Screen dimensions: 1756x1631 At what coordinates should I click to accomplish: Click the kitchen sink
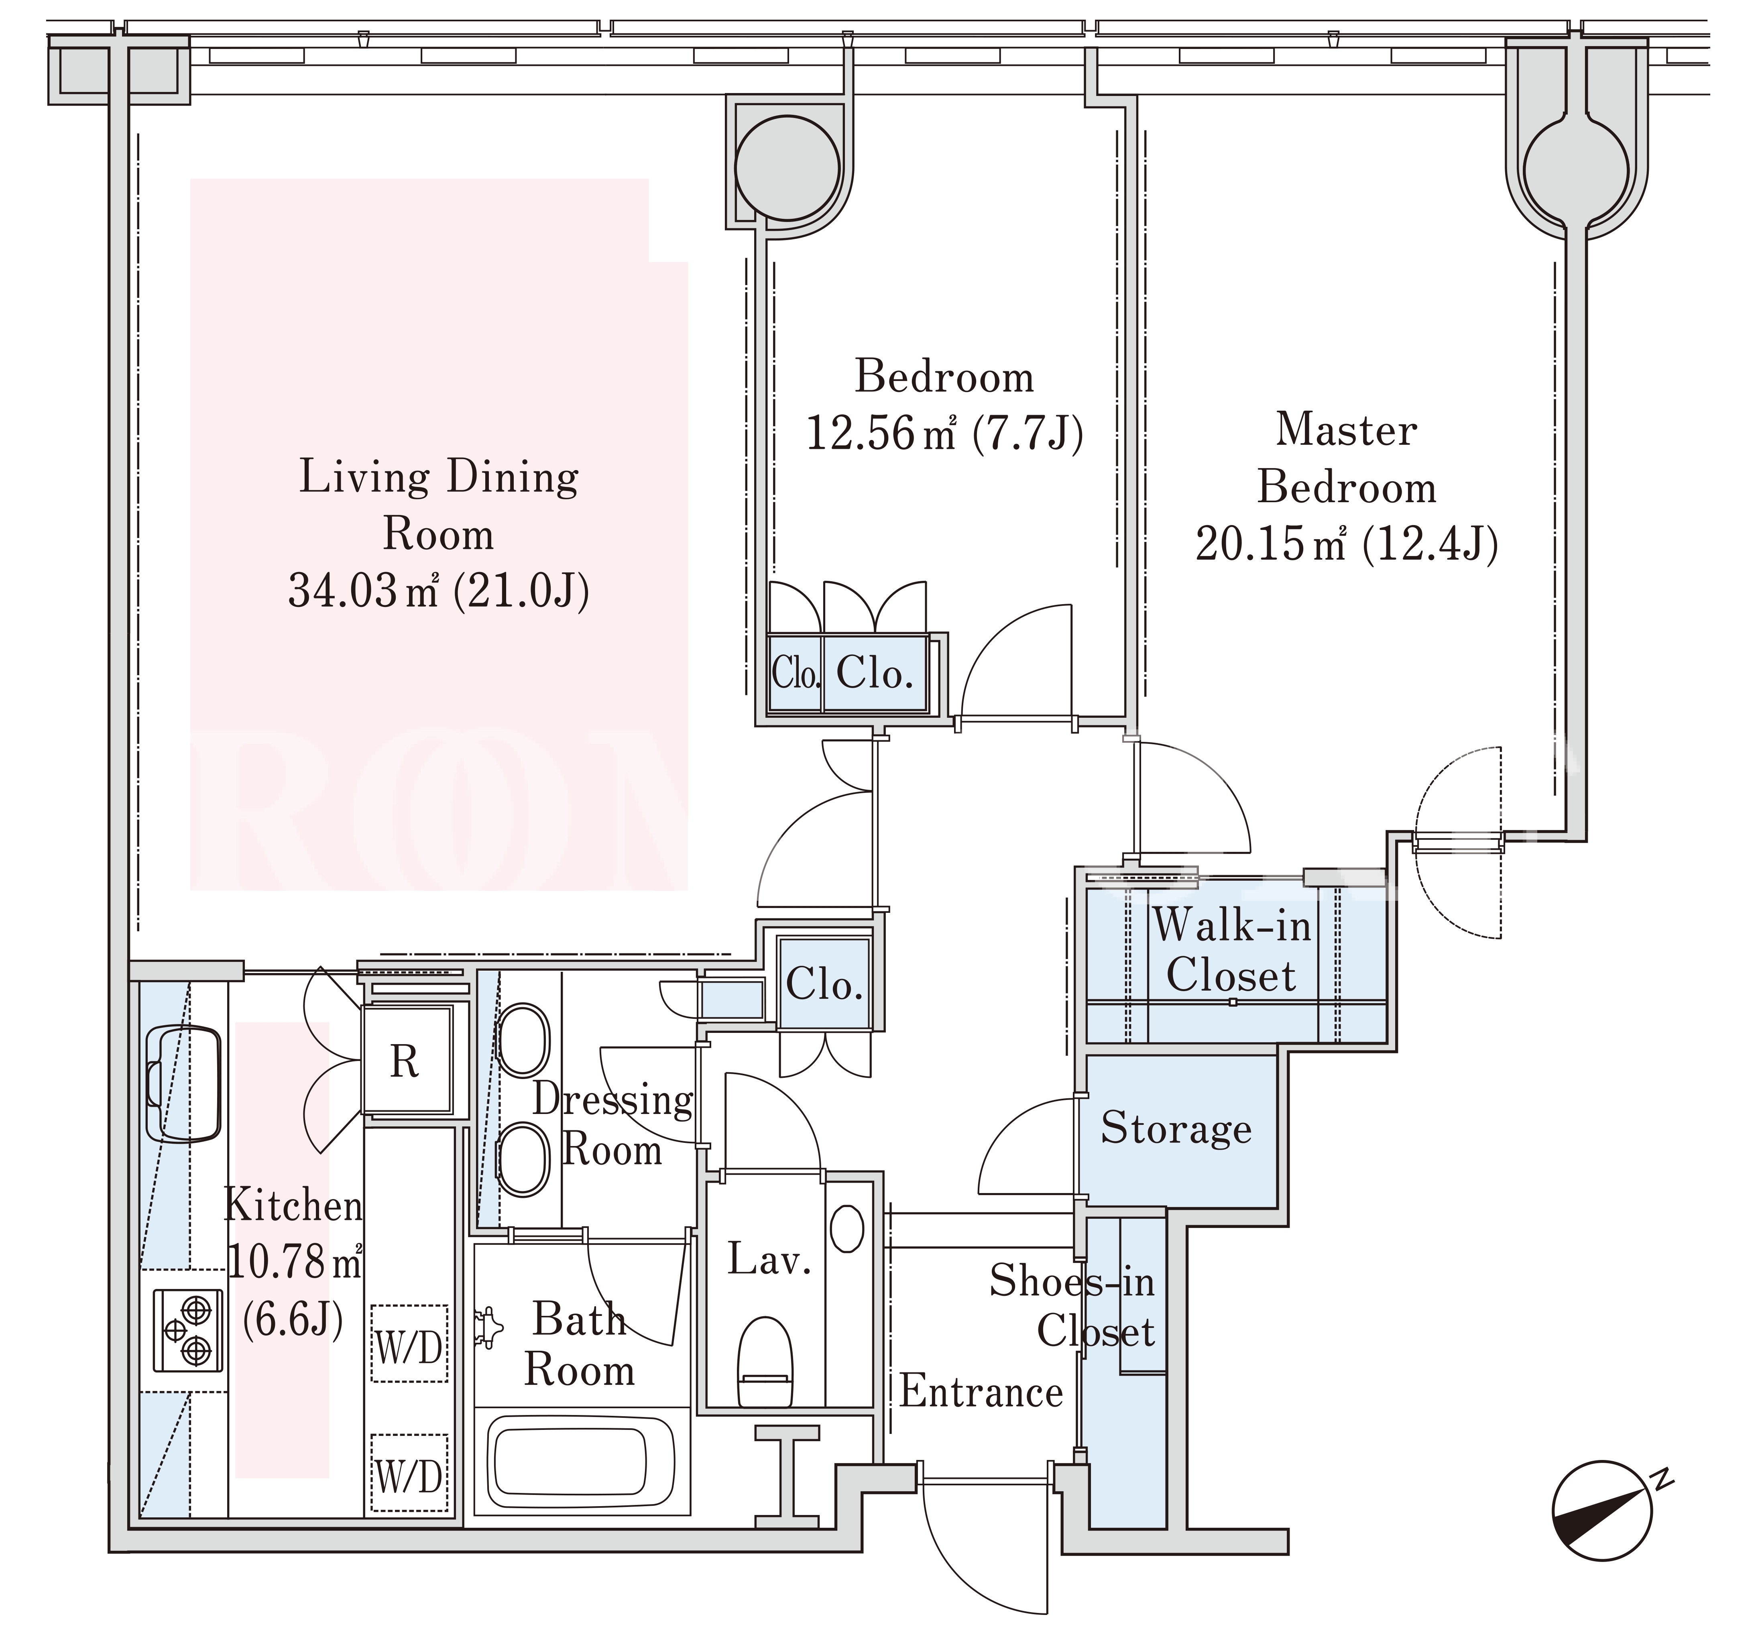tap(183, 1082)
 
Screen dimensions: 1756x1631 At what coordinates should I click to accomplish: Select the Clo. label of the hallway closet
tap(824, 984)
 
